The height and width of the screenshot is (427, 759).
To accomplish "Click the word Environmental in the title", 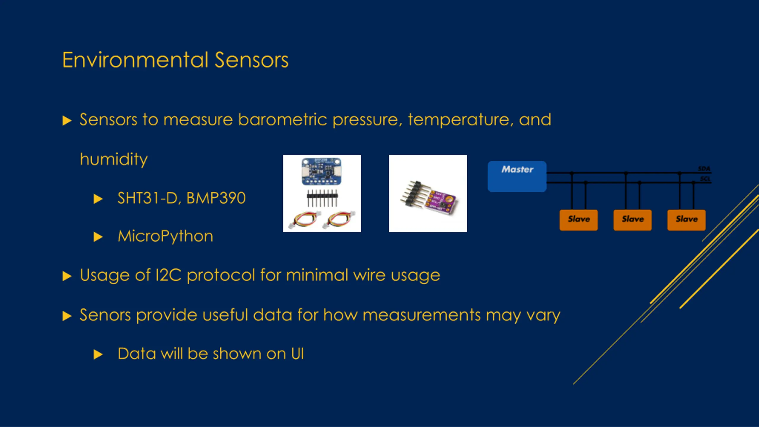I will [135, 60].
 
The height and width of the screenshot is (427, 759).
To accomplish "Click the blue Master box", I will [517, 176].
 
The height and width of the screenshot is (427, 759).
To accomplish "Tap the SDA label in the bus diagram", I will [704, 168].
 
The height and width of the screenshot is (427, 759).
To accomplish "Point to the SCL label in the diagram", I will [705, 179].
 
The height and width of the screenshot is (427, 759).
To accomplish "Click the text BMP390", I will [216, 198].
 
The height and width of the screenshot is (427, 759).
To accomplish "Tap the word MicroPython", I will [165, 236].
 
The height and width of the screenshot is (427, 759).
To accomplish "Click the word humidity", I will [114, 159].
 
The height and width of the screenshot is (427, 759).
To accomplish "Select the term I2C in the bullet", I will [168, 275].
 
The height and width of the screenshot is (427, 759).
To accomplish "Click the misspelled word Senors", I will [105, 315].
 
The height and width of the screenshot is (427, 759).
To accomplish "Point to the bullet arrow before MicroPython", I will [98, 237].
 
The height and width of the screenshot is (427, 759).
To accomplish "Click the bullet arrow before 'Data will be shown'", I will [98, 354].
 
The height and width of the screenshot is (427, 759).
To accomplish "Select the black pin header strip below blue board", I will [322, 198].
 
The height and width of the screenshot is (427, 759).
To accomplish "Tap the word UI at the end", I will [297, 354].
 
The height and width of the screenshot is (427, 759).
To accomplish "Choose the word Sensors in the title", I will [251, 60].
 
